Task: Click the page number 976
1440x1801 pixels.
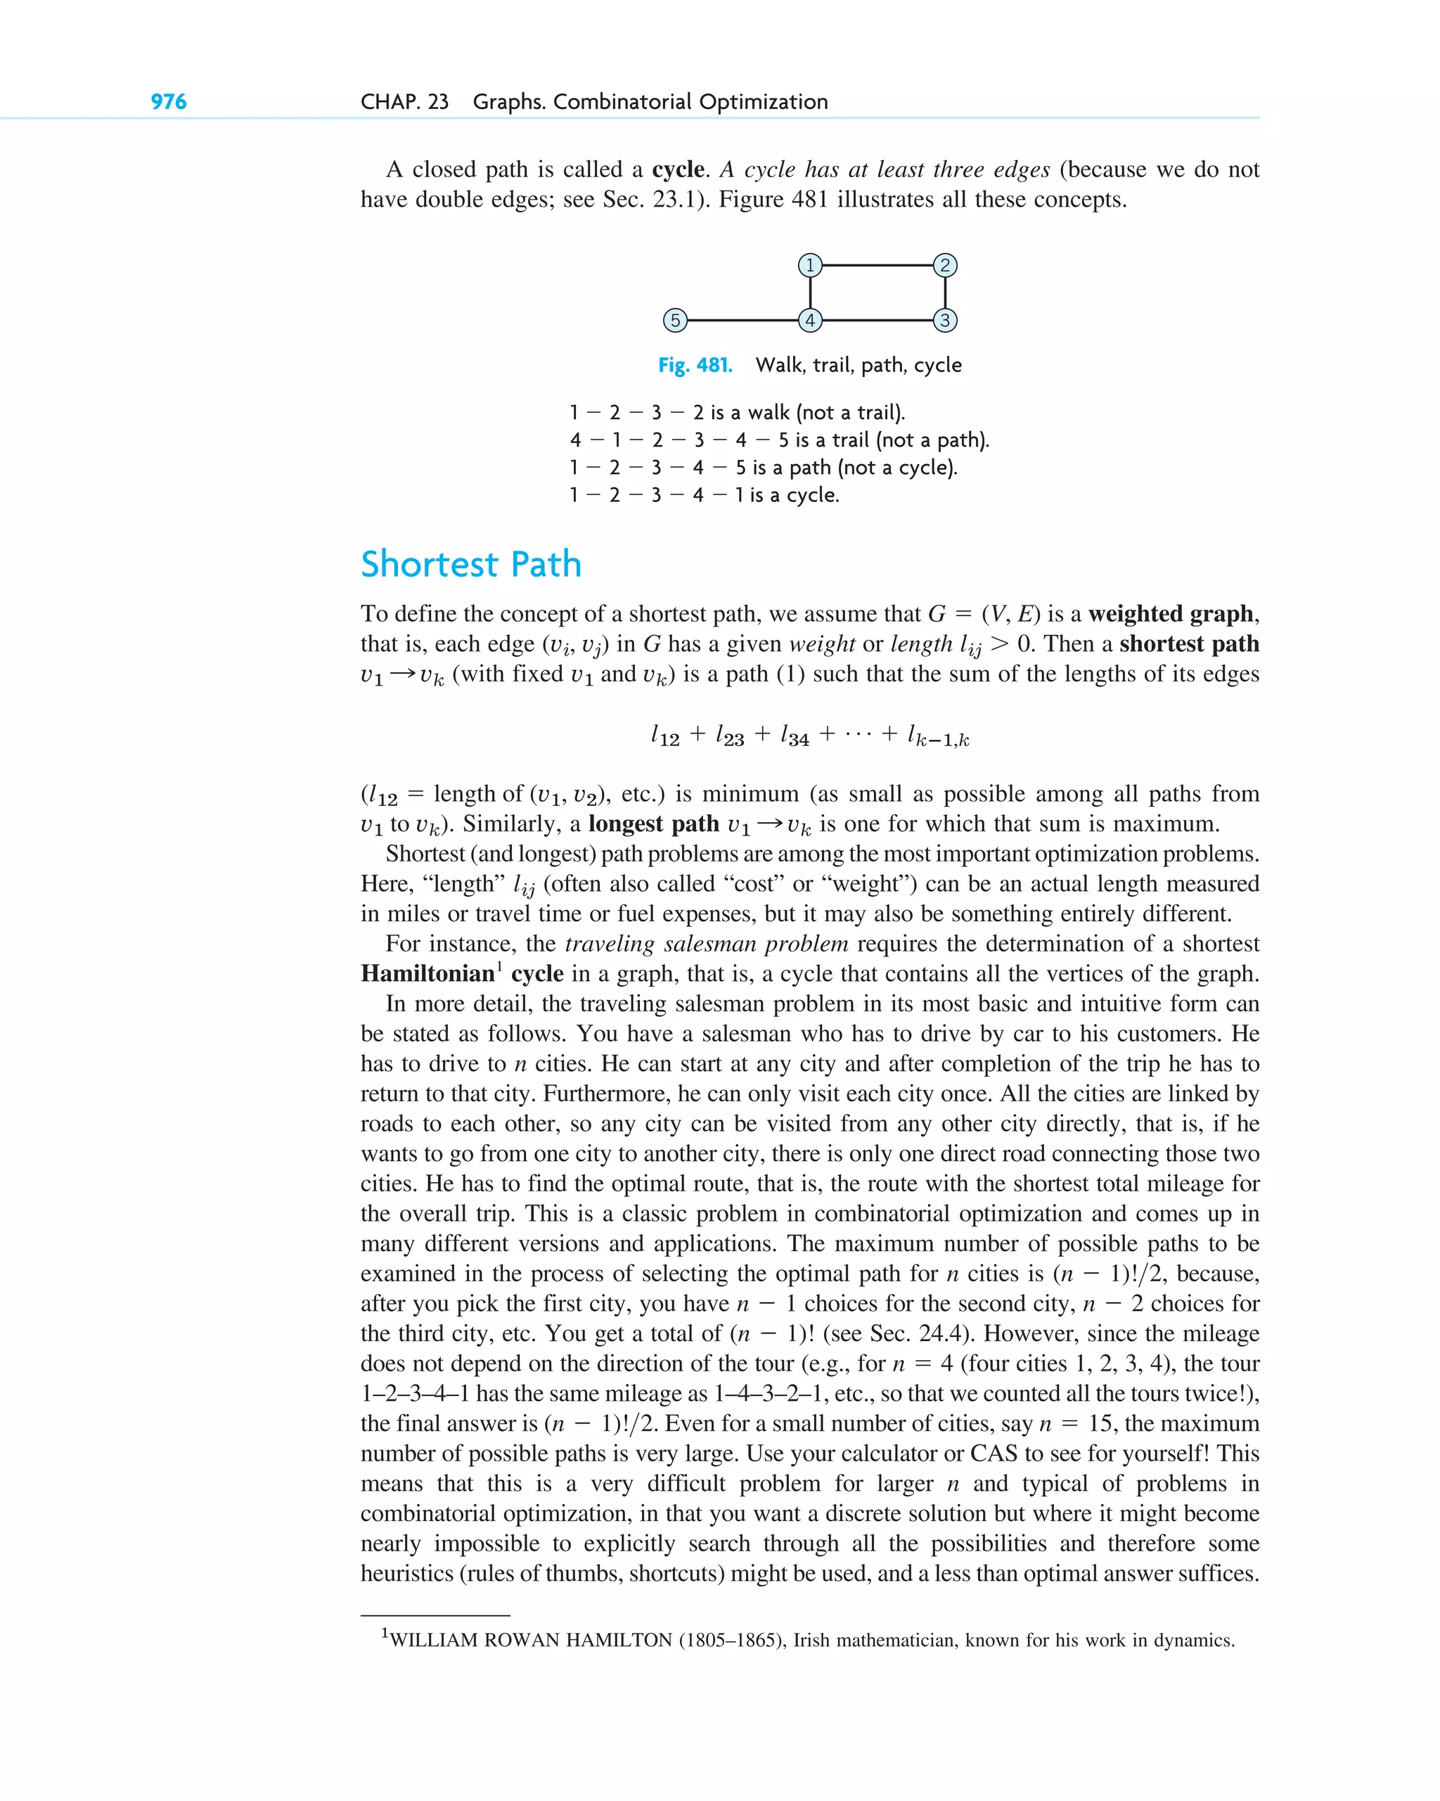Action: (168, 102)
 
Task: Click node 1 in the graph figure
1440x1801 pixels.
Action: (809, 266)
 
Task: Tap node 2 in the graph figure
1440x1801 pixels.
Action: (945, 266)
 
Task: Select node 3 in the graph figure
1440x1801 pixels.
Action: (945, 320)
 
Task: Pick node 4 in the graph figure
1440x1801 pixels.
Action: (809, 320)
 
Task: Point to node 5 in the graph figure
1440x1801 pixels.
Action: (675, 320)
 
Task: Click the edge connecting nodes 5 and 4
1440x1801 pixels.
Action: (742, 320)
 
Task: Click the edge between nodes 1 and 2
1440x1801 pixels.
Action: (877, 266)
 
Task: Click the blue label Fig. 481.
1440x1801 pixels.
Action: (695, 365)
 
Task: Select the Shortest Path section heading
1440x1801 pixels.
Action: (470, 564)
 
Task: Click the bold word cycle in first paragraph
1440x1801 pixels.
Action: (679, 169)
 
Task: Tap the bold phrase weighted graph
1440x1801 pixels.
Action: (1171, 614)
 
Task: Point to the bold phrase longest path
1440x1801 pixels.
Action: (653, 823)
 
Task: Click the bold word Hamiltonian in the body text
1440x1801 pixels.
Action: (427, 974)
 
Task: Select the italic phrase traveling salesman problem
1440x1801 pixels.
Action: (707, 944)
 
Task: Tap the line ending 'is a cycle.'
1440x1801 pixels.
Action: (704, 495)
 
